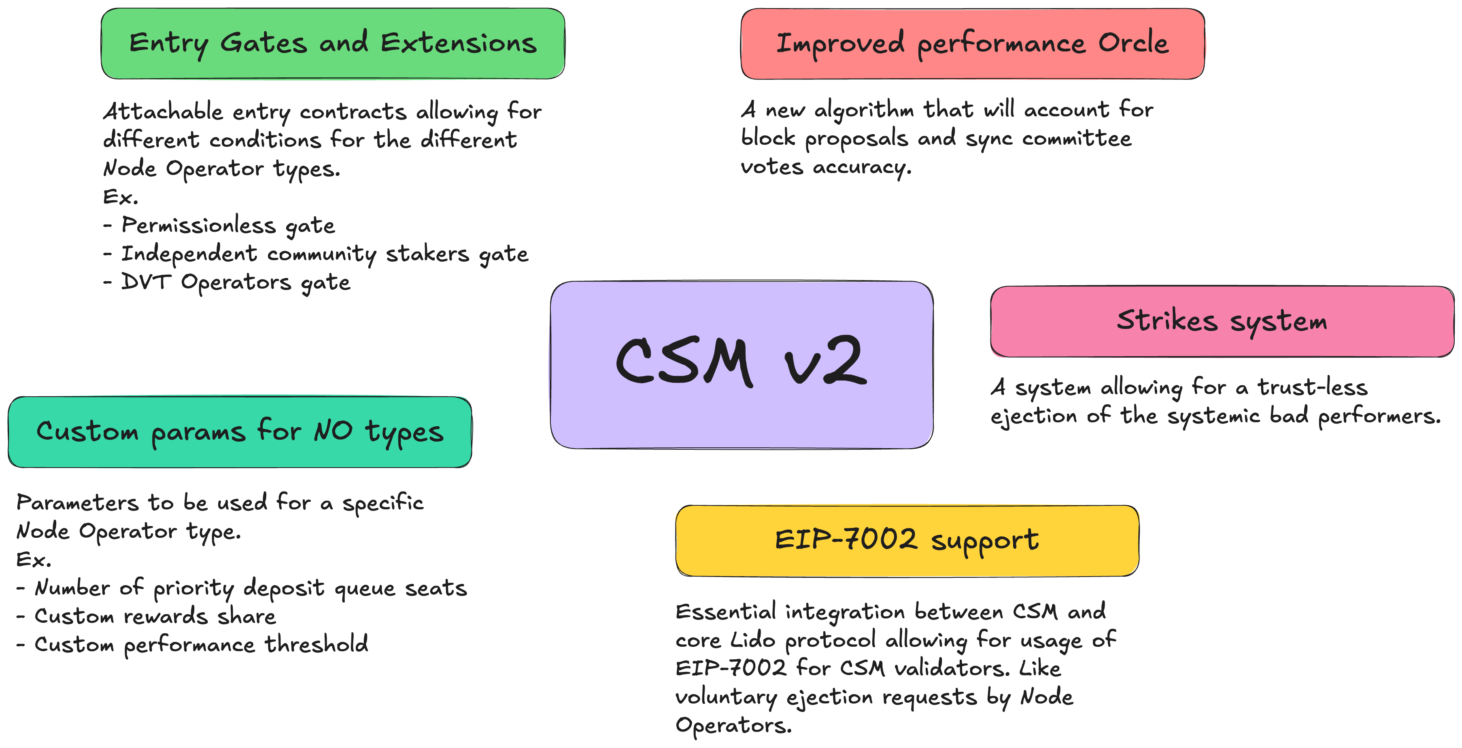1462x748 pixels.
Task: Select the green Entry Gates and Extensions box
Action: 333,44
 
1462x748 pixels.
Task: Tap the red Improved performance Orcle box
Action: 972,44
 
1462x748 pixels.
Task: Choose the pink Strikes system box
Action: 1222,321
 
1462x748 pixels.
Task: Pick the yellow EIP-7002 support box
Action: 907,541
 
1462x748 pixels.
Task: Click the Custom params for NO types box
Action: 240,432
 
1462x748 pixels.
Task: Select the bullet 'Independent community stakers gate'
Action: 316,254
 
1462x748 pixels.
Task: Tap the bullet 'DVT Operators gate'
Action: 227,283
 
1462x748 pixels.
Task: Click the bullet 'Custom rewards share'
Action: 147,616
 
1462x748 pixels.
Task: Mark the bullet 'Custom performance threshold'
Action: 192,645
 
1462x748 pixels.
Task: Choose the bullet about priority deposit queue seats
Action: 242,588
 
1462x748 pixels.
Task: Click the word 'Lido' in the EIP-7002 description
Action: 752,640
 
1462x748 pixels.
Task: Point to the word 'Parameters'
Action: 78,502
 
